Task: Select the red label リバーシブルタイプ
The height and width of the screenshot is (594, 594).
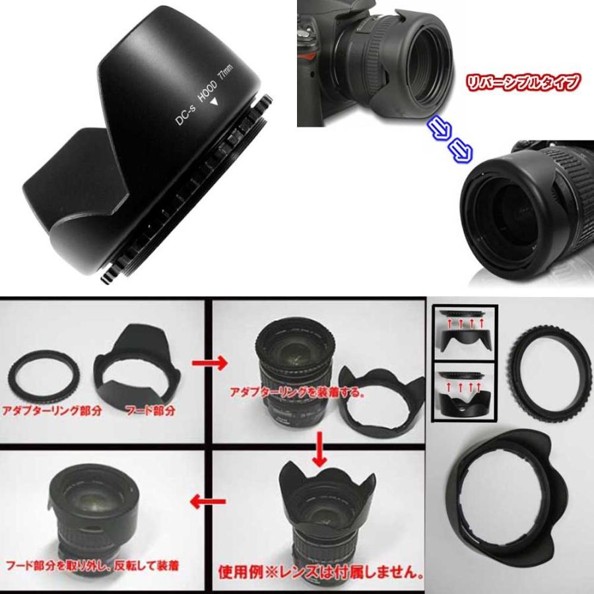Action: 524,82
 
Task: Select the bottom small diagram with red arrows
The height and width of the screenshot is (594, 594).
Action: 465,392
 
